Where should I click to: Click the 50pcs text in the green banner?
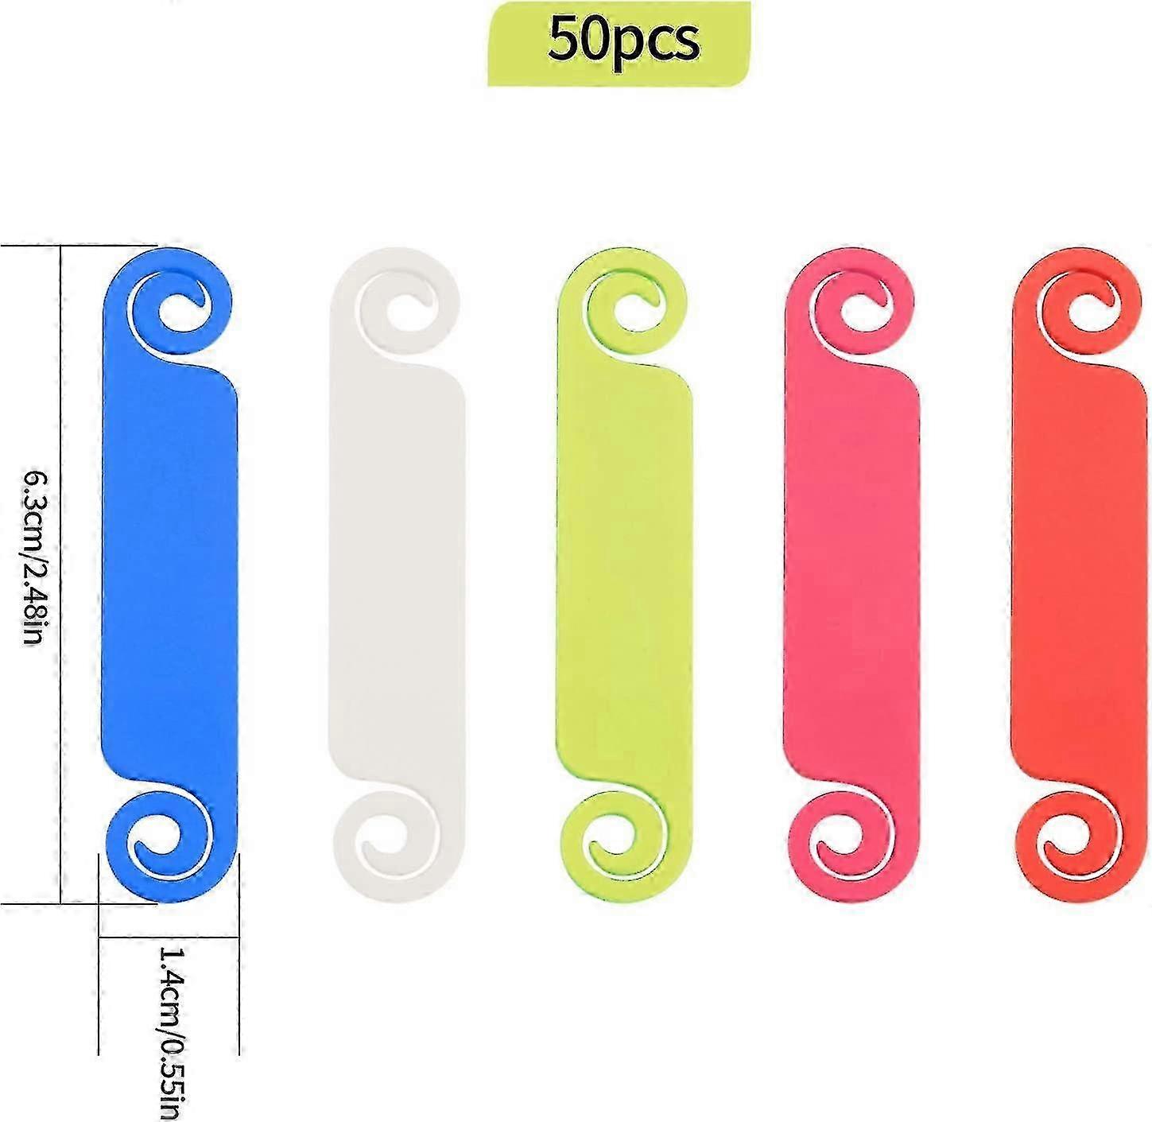tap(623, 41)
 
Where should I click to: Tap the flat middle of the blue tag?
tap(170, 573)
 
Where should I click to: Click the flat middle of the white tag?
tap(396, 573)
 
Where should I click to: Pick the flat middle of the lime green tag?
tap(623, 573)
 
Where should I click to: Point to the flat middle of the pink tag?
tap(851, 573)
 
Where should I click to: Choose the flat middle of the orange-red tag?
tap(1080, 573)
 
